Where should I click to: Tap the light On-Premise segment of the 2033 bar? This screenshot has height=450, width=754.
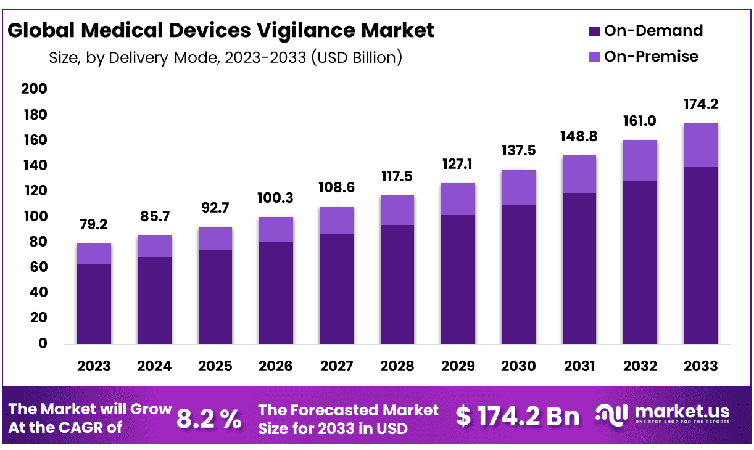700,145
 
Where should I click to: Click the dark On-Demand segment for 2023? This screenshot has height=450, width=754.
94,303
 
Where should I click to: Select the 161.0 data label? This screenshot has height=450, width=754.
640,121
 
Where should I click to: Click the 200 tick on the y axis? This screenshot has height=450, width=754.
35,89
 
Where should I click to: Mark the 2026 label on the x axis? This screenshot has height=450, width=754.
275,366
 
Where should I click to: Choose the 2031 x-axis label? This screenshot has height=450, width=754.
579,366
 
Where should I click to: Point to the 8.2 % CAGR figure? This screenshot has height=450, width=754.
209,419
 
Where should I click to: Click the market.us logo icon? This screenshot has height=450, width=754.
612,414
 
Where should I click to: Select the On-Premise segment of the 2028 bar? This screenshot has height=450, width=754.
397,210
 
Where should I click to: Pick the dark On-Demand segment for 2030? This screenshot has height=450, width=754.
518,274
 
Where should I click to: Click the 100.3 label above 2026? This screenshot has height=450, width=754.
276,198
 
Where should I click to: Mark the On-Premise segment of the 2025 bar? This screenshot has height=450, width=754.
215,238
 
